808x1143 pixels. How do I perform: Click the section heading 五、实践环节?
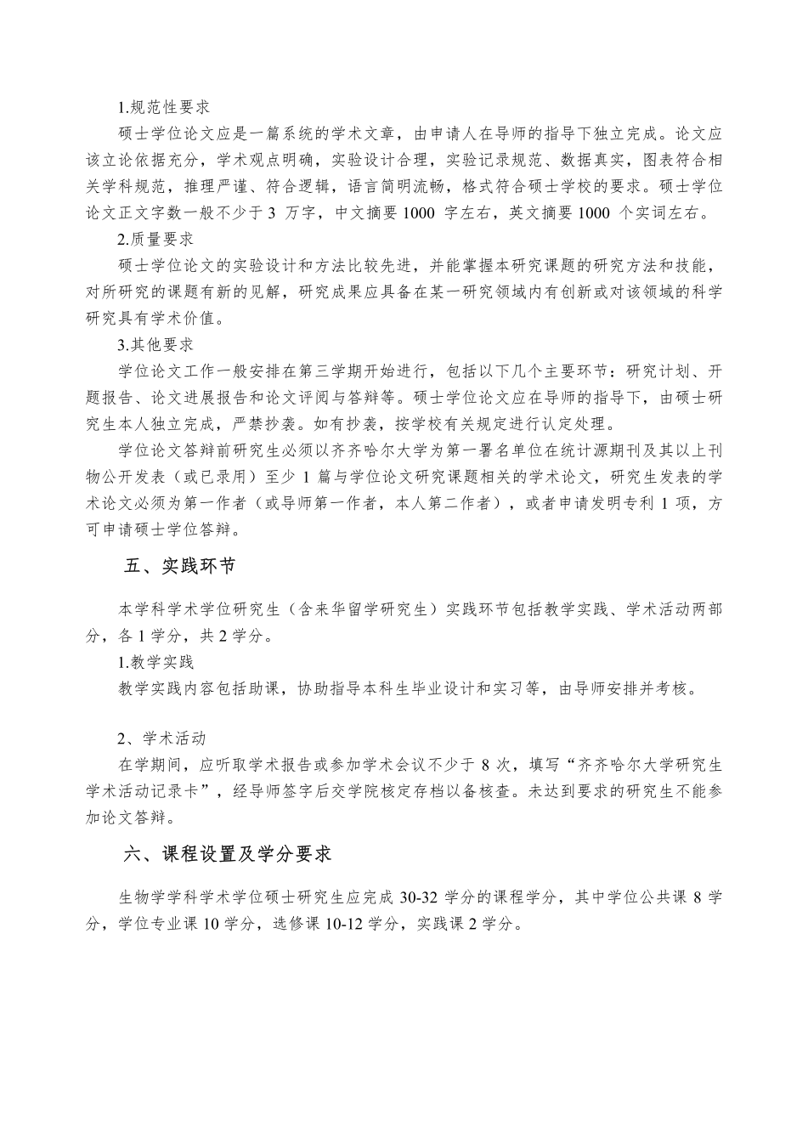point(179,568)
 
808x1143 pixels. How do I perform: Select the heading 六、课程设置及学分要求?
point(227,855)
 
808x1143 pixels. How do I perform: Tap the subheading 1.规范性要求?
point(164,108)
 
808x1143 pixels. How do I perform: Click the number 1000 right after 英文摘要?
point(592,213)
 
